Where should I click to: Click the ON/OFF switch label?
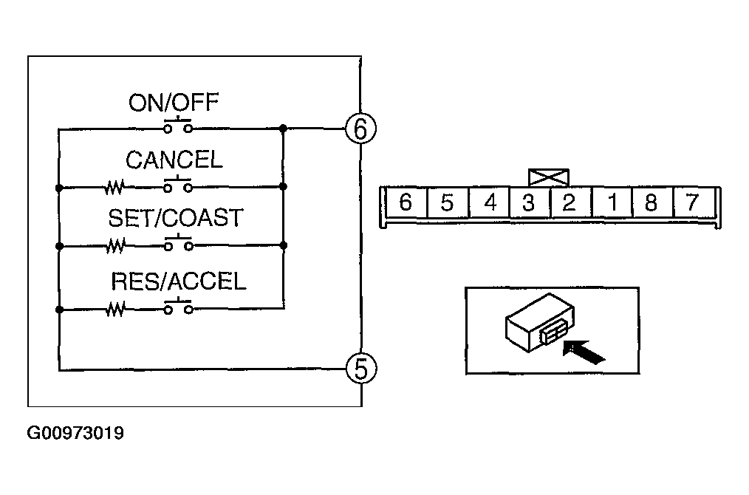(174, 103)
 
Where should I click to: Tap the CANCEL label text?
(174, 160)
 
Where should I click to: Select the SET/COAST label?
(176, 218)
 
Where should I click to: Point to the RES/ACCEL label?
(178, 281)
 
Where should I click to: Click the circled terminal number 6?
(360, 129)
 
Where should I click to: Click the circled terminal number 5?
(360, 369)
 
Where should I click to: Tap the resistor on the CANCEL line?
(114, 187)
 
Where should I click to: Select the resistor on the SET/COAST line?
(115, 246)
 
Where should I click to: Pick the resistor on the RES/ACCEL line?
(115, 309)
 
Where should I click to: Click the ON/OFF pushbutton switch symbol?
(178, 125)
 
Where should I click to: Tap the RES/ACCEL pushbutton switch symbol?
(178, 307)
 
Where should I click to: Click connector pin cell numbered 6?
(406, 202)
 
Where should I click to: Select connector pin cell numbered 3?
(528, 202)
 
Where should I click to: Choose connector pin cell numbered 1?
(612, 202)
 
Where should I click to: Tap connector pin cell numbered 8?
(651, 202)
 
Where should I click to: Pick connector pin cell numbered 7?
(693, 202)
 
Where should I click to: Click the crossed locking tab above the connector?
(549, 177)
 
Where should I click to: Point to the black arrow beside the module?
(584, 351)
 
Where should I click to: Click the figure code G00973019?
(75, 433)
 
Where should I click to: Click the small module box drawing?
(539, 323)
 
